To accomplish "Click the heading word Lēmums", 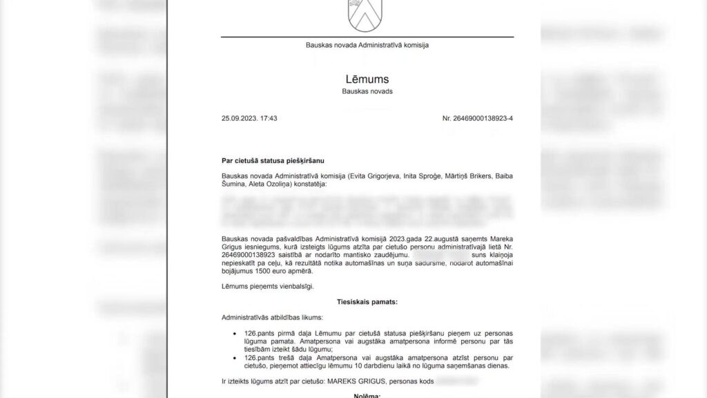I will click(x=367, y=78).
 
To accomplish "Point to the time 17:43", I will click(x=269, y=118).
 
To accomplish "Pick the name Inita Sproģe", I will click(x=391, y=177).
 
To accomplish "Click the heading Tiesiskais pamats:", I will click(x=367, y=301).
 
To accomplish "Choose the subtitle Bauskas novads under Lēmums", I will click(x=367, y=91).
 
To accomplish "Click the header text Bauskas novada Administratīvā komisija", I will click(x=367, y=45).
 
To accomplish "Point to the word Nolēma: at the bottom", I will click(x=367, y=395).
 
